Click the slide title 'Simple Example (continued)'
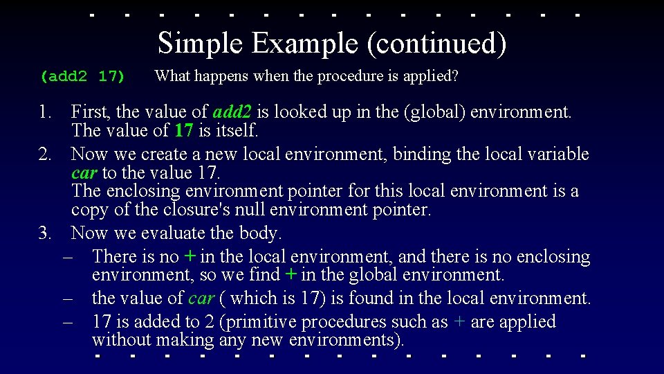(332, 44)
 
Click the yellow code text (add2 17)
(82, 76)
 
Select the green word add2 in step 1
(233, 112)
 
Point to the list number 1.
(45, 112)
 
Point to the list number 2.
(45, 154)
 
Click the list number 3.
(45, 233)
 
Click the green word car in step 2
(84, 172)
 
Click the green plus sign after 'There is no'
(190, 257)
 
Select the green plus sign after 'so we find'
(291, 275)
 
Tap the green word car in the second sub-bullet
(201, 299)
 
